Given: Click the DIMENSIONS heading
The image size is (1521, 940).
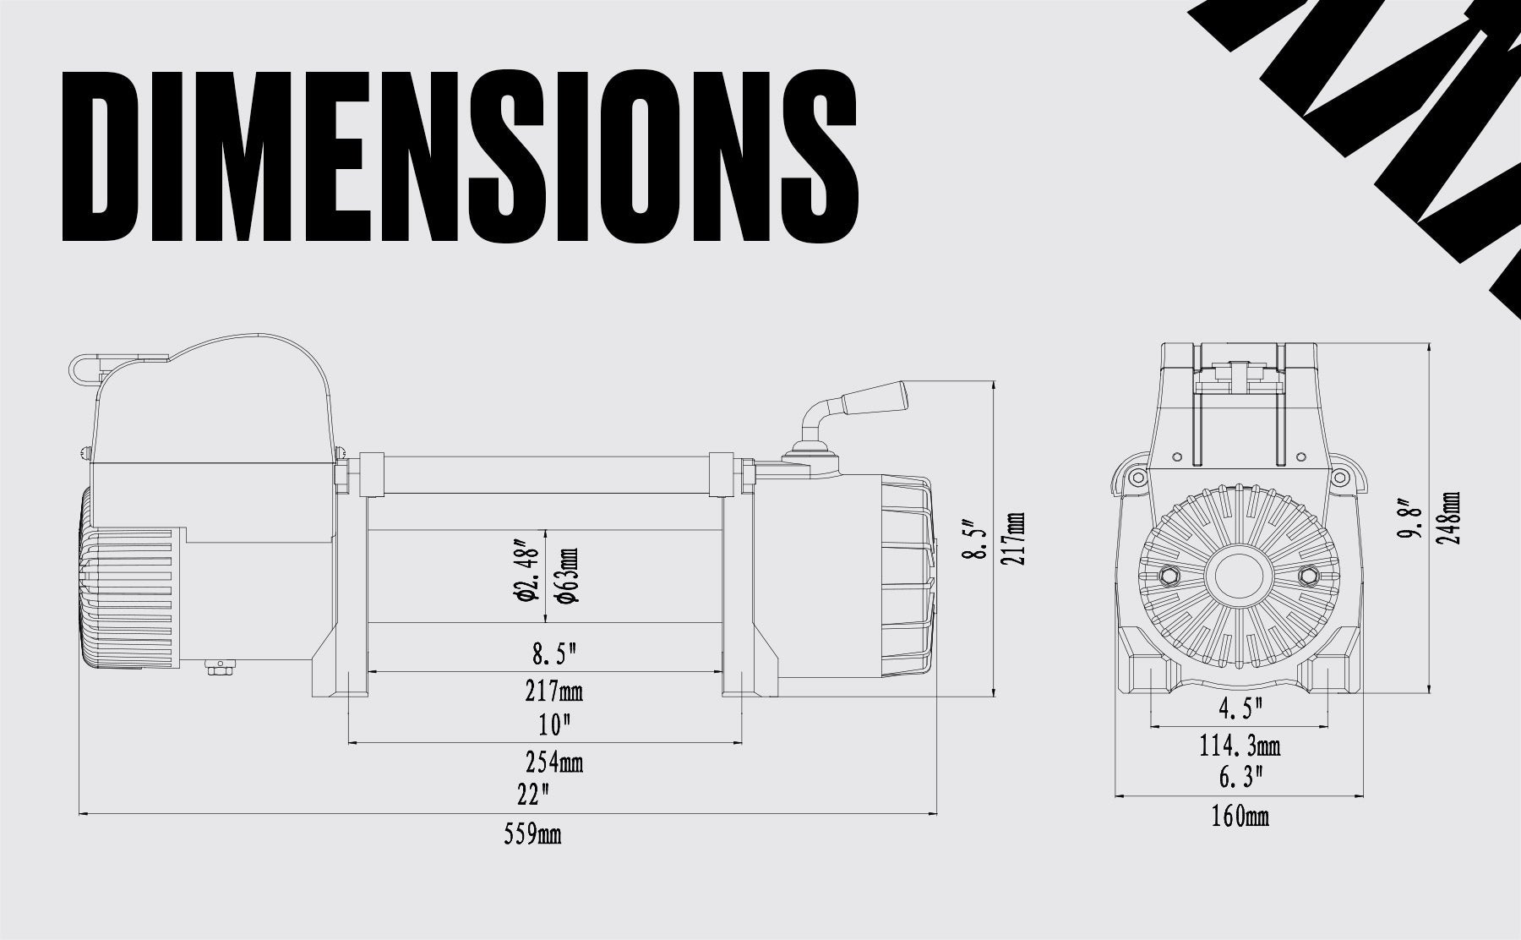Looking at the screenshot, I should pos(461,156).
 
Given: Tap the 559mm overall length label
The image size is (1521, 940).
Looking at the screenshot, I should pos(532,835).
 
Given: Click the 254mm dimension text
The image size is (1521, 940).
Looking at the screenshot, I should pos(554,762).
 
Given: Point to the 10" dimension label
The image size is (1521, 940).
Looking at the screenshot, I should pos(554,725).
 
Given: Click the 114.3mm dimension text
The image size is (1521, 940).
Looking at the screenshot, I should pos(1240,746).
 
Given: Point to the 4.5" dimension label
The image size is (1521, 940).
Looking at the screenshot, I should pos(1240,708).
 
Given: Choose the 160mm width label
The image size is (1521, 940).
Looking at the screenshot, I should pos(1240,817).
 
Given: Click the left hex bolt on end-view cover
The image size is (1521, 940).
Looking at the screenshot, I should pos(1172,576).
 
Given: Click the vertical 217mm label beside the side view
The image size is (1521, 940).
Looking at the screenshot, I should pos(1015,539).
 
